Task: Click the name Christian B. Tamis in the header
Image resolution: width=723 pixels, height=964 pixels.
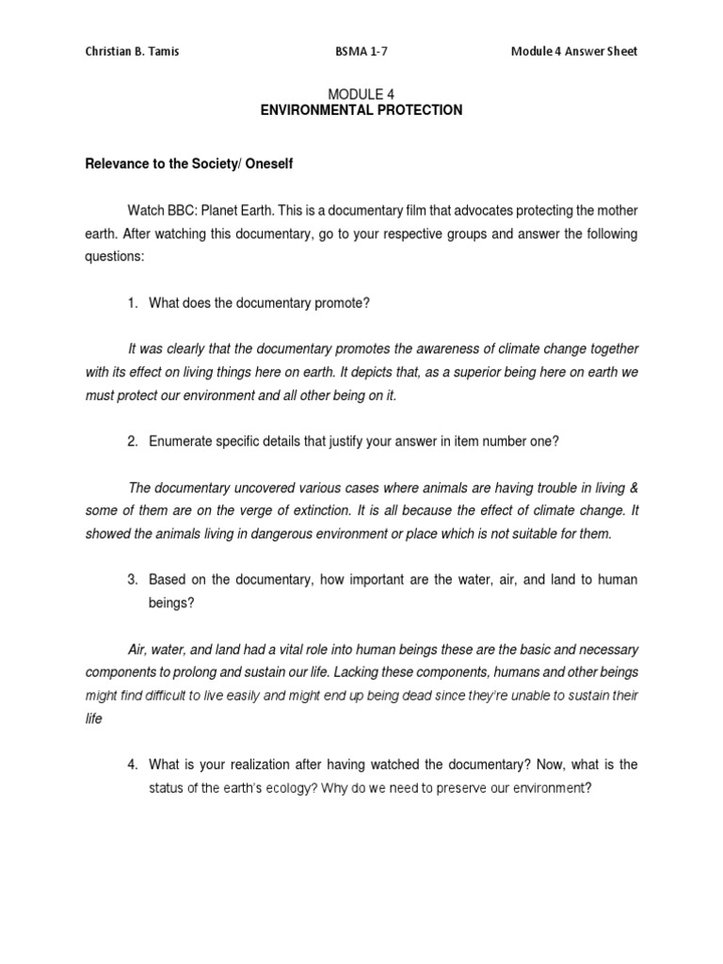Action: click(132, 52)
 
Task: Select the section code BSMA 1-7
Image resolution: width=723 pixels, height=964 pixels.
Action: click(361, 52)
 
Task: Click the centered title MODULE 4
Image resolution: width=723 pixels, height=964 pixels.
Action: click(361, 94)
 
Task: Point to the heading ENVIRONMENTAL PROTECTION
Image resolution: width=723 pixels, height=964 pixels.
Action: click(361, 110)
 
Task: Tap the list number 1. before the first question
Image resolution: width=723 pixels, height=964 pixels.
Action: click(133, 303)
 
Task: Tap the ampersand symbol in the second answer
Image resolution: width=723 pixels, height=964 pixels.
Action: click(632, 487)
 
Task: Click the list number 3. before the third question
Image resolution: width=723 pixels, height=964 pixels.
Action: click(133, 580)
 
